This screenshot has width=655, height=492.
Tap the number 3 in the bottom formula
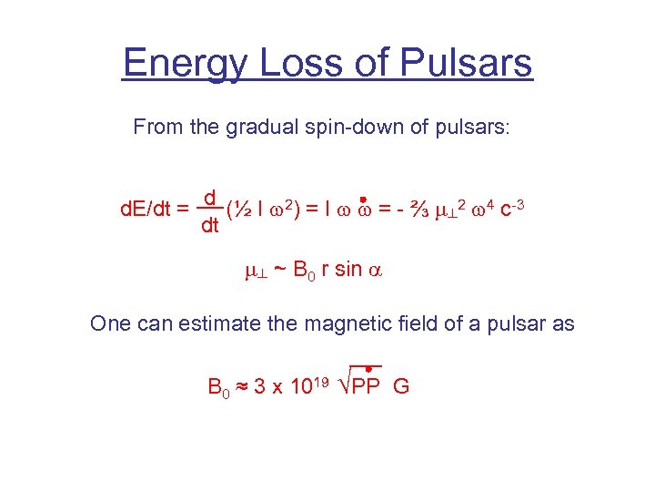coord(261,386)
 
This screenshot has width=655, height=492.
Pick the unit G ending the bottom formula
coord(402,386)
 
